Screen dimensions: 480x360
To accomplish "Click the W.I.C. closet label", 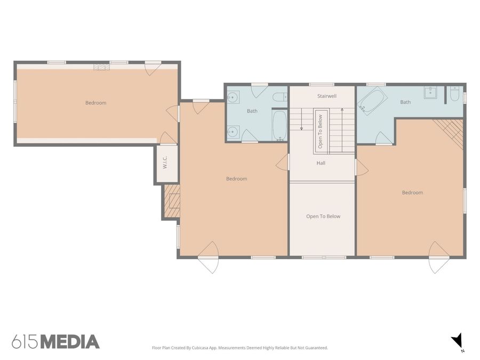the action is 165,163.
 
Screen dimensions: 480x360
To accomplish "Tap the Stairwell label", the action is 326,96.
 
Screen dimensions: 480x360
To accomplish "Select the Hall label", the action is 321,163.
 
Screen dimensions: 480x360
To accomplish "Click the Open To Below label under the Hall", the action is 323,217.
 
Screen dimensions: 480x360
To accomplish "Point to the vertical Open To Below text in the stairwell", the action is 320,132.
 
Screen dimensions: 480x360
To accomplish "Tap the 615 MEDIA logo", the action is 55,342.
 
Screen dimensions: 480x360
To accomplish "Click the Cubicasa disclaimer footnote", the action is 240,348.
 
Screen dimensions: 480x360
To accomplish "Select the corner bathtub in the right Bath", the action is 373,101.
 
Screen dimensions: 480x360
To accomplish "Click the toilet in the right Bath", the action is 454,94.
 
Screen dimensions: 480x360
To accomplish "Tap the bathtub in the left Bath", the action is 279,125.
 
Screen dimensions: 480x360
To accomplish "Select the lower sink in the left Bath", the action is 233,132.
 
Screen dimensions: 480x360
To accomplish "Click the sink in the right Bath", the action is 430,92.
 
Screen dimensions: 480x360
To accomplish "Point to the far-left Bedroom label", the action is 96,103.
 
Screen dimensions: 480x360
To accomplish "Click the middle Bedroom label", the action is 237,179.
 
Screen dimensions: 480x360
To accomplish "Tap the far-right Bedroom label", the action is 412,193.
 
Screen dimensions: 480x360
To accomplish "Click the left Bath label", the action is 252,111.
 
